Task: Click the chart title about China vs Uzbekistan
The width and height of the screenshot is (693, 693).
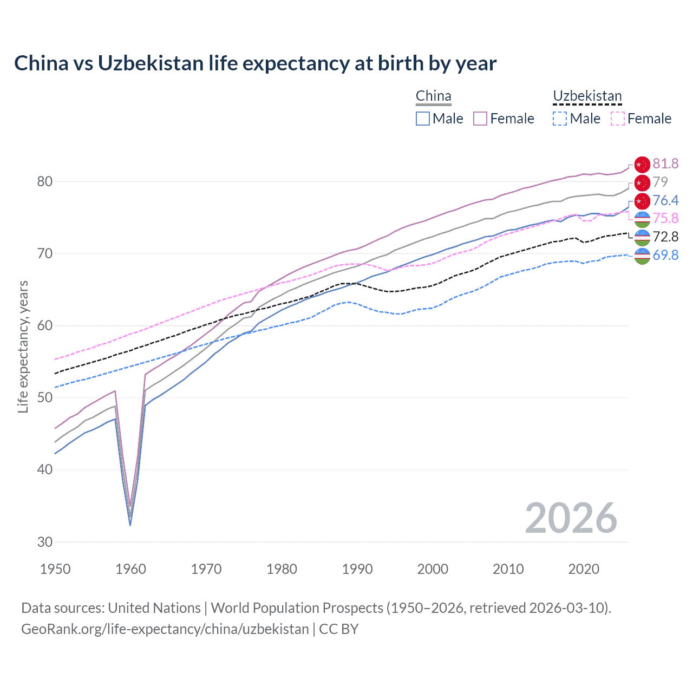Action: pyautogui.click(x=255, y=63)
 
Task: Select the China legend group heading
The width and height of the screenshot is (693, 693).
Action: pyautogui.click(x=433, y=96)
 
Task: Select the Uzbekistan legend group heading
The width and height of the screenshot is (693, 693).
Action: pyautogui.click(x=587, y=96)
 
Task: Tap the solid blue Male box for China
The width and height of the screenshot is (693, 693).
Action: pyautogui.click(x=423, y=119)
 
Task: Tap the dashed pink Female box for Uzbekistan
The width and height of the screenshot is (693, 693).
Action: pyautogui.click(x=618, y=119)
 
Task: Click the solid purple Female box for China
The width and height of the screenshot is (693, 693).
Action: pyautogui.click(x=480, y=119)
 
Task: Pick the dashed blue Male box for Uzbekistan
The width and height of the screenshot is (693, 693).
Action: pyautogui.click(x=560, y=119)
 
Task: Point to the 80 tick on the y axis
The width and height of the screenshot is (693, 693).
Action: pyautogui.click(x=45, y=182)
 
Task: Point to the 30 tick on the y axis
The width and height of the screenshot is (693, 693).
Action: pyautogui.click(x=45, y=542)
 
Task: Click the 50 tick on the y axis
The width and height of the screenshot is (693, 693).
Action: pyautogui.click(x=45, y=398)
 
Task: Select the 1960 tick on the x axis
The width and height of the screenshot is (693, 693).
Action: pyautogui.click(x=130, y=569)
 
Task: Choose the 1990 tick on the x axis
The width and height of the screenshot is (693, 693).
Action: pyautogui.click(x=357, y=569)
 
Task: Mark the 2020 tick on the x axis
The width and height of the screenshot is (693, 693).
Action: pyautogui.click(x=584, y=569)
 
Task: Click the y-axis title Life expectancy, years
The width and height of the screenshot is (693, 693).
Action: pyautogui.click(x=23, y=346)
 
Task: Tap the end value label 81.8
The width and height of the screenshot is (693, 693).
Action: pyautogui.click(x=665, y=164)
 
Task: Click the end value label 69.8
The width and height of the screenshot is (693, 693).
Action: pyautogui.click(x=665, y=255)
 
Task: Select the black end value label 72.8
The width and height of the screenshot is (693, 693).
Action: pyautogui.click(x=665, y=237)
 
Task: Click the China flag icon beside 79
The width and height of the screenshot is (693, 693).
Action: pyautogui.click(x=642, y=182)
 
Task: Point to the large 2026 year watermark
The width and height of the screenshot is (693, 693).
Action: pyautogui.click(x=571, y=518)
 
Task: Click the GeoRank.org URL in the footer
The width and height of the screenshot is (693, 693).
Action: pyautogui.click(x=165, y=629)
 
